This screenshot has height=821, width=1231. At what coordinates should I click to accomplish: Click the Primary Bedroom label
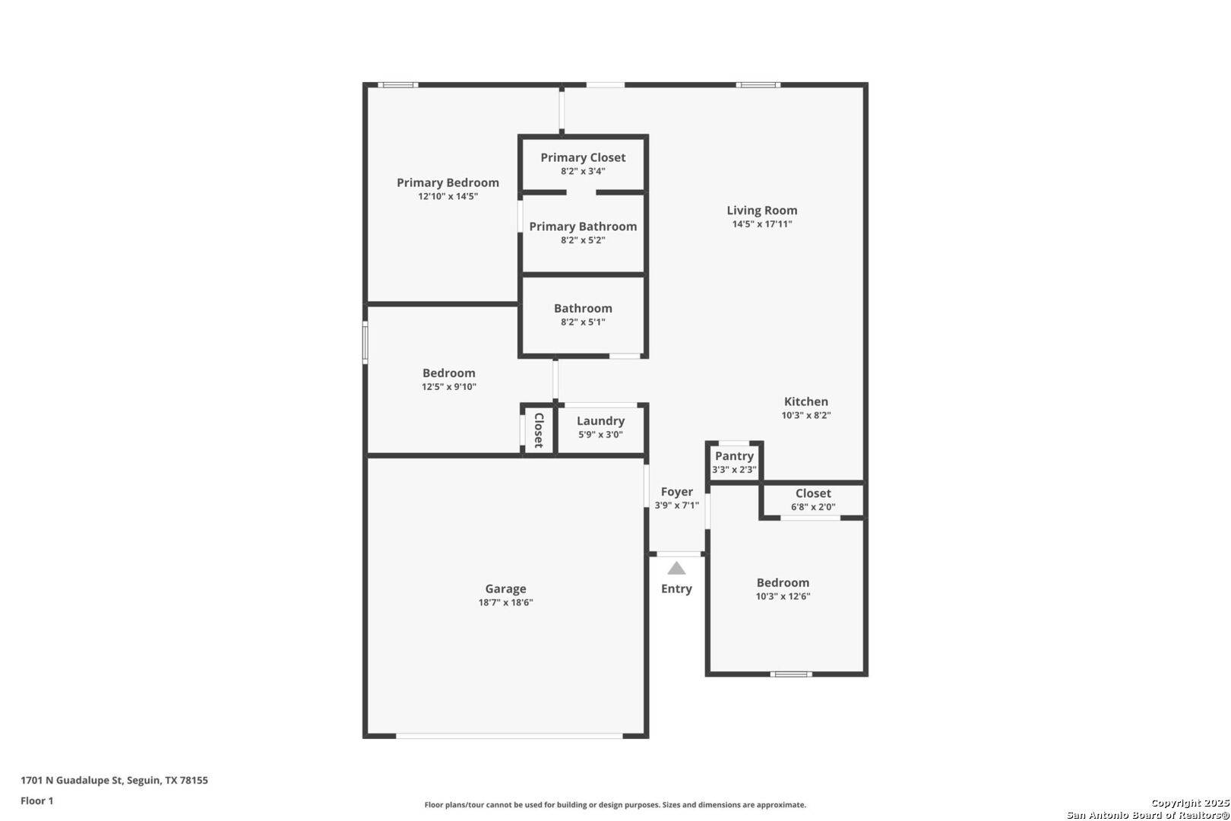tap(448, 182)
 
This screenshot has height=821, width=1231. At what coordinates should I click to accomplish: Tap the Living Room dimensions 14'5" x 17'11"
tap(761, 224)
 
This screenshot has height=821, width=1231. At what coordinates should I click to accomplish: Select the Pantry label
tap(734, 456)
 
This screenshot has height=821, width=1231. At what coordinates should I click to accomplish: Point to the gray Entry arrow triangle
tap(676, 569)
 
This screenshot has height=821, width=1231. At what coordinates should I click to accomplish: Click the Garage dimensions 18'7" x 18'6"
tap(505, 603)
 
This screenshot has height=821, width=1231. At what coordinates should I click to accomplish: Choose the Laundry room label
tap(600, 421)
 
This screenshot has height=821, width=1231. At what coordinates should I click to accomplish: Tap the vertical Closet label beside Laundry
tap(539, 430)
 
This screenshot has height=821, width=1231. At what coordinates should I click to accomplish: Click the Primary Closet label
tap(583, 157)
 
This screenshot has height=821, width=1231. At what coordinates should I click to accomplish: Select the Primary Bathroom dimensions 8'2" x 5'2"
tap(583, 240)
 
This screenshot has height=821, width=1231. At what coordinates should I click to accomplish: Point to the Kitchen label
tap(806, 401)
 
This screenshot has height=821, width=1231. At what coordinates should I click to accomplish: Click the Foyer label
tap(676, 492)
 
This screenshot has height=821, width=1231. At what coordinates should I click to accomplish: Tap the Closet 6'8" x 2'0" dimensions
tap(813, 507)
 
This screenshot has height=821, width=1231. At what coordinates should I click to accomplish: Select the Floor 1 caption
tap(37, 800)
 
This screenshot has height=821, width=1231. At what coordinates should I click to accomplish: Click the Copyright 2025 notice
tap(1189, 804)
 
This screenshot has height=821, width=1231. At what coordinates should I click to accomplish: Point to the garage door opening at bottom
tap(509, 736)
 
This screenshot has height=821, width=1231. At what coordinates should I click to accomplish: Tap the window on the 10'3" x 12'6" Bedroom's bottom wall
tap(790, 674)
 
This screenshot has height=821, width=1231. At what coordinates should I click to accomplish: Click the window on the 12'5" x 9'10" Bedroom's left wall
tap(366, 342)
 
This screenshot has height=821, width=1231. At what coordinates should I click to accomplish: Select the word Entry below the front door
tap(676, 589)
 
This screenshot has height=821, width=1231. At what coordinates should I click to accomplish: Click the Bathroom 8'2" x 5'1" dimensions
tap(583, 322)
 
